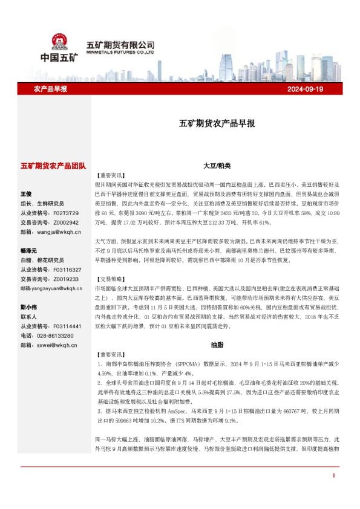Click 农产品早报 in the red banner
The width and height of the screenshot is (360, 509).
(x=50, y=89)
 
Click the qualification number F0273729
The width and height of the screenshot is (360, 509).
(x=67, y=213)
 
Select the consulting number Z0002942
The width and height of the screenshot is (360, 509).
(x=67, y=222)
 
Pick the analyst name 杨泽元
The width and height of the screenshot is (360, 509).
(x=29, y=250)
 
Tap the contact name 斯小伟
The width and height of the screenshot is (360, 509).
(x=29, y=308)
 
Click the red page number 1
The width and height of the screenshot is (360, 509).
(x=333, y=493)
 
